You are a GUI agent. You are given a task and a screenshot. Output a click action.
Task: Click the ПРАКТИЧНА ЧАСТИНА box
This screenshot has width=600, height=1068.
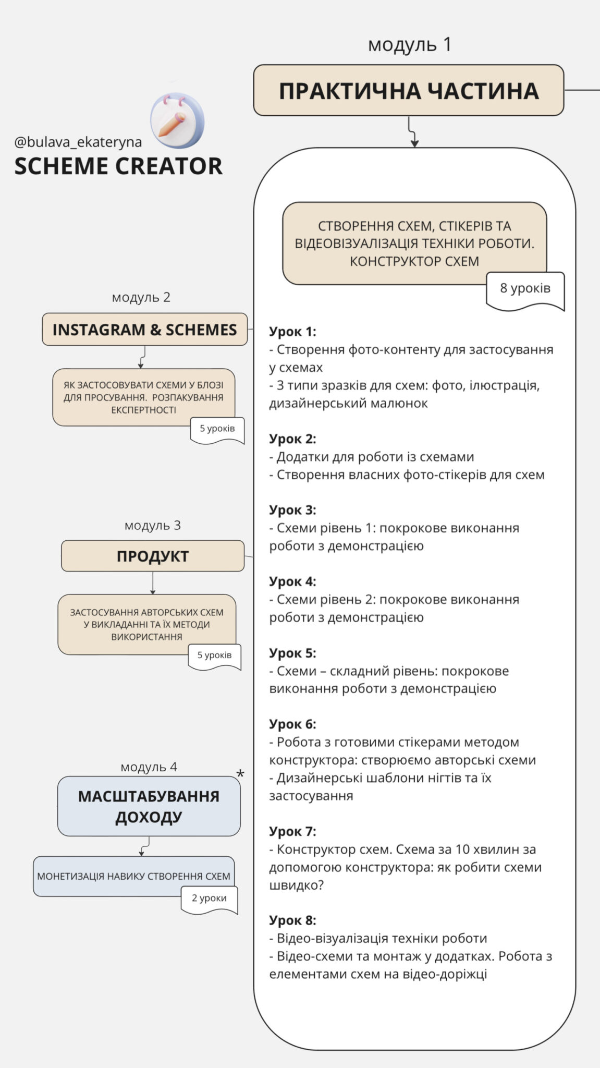coord(408,90)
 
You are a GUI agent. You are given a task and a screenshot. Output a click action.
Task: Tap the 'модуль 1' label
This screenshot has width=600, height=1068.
coord(409,45)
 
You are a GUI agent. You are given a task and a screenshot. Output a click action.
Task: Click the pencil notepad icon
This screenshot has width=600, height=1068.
coord(177,121)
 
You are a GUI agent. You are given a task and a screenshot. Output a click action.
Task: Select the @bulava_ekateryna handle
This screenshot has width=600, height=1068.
coord(78,142)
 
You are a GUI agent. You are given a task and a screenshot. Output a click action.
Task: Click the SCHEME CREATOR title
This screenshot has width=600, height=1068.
coord(118,166)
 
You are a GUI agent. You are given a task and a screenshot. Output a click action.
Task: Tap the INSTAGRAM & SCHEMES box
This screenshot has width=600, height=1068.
coord(144,330)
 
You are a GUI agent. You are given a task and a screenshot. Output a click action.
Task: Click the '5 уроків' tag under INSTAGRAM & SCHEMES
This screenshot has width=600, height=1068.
coord(217,429)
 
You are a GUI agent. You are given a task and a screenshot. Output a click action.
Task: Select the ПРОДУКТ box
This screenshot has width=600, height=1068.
coord(152,556)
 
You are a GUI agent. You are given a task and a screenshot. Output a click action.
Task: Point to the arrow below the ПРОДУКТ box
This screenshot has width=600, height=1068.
coord(152,583)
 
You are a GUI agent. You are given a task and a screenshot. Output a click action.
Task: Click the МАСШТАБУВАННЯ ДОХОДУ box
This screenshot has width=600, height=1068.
coord(149,806)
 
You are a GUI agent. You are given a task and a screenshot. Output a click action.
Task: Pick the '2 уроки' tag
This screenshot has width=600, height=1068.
coord(209,899)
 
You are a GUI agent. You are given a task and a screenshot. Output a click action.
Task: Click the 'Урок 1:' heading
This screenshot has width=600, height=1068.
coord(292,332)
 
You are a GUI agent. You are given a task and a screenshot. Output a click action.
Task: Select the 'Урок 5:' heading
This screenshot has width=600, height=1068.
coord(292,653)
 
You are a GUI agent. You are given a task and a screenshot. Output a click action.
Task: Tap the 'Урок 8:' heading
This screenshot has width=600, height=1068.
coord(292,920)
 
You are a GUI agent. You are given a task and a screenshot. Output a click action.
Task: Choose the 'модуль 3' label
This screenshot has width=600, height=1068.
coord(152,526)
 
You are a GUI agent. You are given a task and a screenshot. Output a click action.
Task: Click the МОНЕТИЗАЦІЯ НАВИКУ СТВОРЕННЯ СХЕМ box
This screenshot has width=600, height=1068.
coord(133,877)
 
